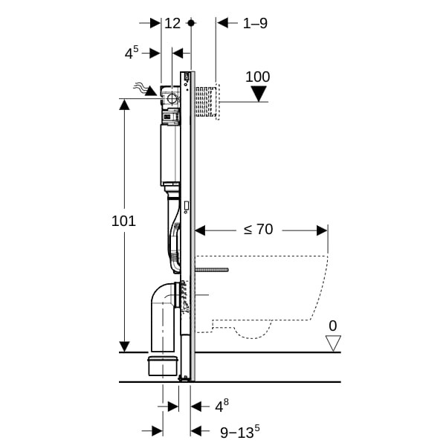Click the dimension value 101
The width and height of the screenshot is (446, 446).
123,221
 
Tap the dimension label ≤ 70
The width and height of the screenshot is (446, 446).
258,230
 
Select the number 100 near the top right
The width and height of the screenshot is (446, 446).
258,77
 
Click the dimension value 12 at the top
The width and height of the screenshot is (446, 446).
172,23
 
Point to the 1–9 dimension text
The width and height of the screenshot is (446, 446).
255,23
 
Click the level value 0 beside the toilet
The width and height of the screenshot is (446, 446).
332,326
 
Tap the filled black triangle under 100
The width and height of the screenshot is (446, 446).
259,94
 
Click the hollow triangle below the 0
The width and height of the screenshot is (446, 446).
333,343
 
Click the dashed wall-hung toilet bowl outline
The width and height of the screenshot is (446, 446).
282,297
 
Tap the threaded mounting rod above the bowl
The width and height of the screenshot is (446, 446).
212,269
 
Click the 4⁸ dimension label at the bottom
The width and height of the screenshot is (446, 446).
221,406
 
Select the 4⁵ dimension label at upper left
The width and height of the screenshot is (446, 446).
132,53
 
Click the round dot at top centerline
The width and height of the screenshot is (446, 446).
191,23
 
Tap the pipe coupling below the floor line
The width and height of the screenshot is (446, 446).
164,366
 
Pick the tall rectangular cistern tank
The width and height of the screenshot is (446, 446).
170,154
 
